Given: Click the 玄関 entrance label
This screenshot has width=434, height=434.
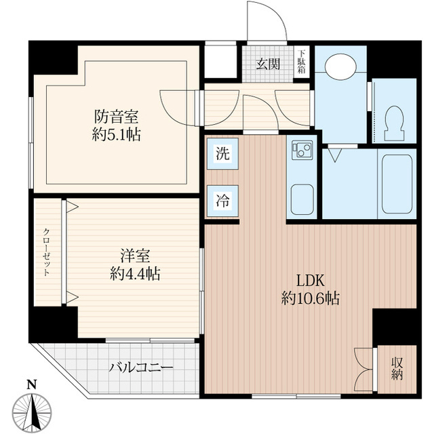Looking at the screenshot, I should (268, 64).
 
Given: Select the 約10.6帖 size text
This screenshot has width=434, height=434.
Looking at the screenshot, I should (311, 297).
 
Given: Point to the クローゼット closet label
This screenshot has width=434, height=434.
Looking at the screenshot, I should (47, 251).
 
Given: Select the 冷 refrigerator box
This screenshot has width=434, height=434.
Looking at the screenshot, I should (222, 201).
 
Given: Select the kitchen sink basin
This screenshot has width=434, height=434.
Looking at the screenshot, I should (300, 197).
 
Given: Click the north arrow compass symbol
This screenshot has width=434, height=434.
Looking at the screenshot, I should (32, 411).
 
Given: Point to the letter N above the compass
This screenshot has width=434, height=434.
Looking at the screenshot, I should (31, 384).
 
